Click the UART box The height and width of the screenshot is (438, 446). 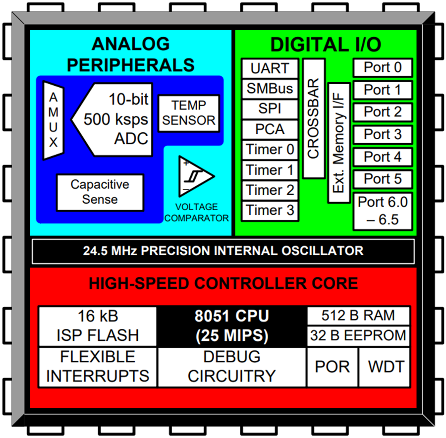pyautogui.click(x=270, y=68)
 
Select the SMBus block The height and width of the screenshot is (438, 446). pyautogui.click(x=270, y=89)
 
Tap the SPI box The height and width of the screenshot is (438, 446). pyautogui.click(x=270, y=109)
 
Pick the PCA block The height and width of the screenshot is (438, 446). pyautogui.click(x=270, y=129)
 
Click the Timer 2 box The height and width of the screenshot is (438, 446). pyautogui.click(x=270, y=190)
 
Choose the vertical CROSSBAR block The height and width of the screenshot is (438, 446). pyautogui.click(x=313, y=118)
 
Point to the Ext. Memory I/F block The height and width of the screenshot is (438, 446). pyautogui.click(x=339, y=143)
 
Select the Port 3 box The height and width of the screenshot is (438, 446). pyautogui.click(x=383, y=134)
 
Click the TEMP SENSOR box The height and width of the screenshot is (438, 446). pyautogui.click(x=189, y=113)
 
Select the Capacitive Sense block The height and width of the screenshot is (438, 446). pyautogui.click(x=100, y=192)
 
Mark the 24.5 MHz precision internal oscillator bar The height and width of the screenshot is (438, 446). pyautogui.click(x=223, y=250)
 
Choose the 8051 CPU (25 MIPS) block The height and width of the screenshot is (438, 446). pyautogui.click(x=231, y=326)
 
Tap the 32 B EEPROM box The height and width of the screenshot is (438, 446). pyautogui.click(x=358, y=335)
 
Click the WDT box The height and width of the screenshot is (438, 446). pyautogui.click(x=386, y=367)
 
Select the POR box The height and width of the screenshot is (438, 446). pyautogui.click(x=332, y=367)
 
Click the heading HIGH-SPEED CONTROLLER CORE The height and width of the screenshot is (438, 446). pyautogui.click(x=223, y=283)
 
